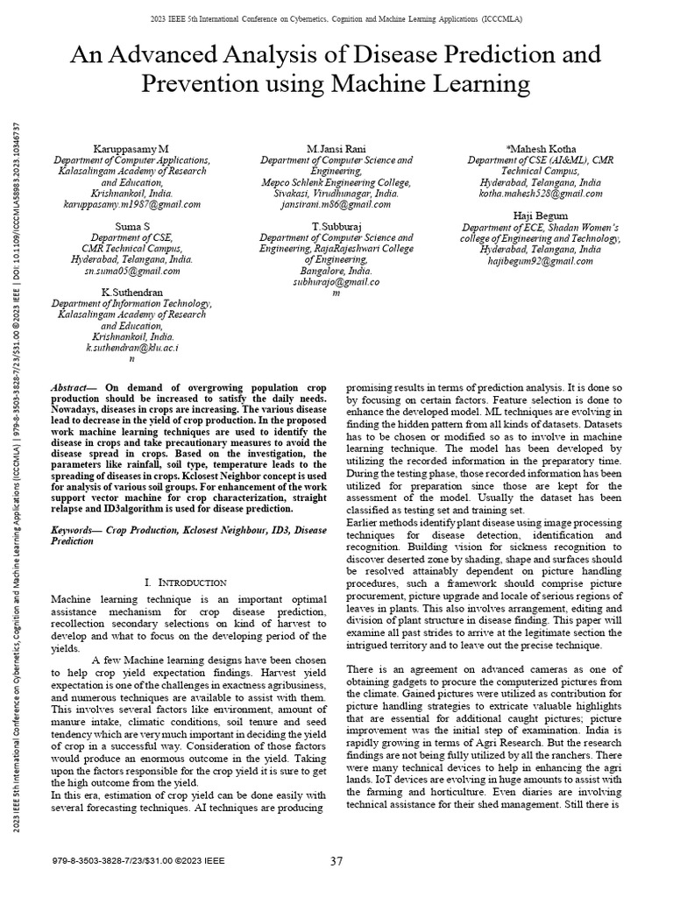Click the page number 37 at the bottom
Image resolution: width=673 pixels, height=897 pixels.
tap(336, 861)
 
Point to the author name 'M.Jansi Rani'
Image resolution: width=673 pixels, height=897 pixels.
tap(336, 150)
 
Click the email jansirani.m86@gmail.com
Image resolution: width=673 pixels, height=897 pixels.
tap(336, 204)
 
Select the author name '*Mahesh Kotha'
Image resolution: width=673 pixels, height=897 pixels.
tap(541, 150)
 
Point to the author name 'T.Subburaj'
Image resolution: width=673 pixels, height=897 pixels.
tap(336, 226)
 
